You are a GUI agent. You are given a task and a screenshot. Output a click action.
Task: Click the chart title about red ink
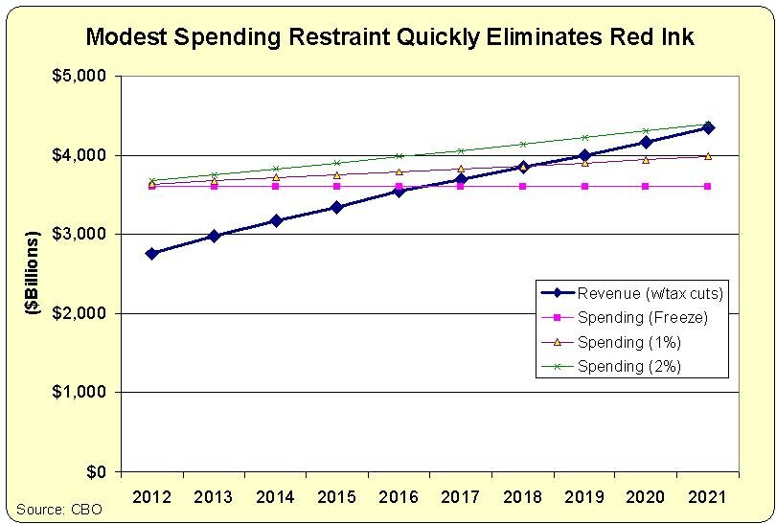point(389,37)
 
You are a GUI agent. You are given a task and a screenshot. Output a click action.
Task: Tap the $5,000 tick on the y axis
point(80,76)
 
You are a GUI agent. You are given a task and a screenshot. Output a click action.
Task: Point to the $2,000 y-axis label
point(80,313)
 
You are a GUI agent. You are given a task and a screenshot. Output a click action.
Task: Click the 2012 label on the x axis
point(151,496)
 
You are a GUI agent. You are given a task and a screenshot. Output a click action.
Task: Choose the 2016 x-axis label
point(399,496)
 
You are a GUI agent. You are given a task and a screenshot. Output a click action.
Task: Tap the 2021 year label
point(707,496)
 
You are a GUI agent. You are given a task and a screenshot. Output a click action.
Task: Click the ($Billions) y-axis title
point(33,274)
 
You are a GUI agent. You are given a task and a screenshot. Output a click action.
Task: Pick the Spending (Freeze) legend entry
point(633,317)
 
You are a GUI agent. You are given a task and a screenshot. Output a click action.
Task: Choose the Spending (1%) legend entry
point(628,342)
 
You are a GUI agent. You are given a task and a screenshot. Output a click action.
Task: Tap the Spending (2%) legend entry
point(628,366)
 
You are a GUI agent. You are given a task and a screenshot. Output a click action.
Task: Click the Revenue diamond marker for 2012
point(151,253)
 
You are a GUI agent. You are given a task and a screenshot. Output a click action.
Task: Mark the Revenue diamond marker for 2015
point(336,207)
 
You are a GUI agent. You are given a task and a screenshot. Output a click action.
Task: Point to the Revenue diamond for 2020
point(646,142)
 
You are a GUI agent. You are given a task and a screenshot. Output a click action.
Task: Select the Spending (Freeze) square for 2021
point(707,186)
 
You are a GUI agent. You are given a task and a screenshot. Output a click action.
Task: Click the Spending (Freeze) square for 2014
point(275,186)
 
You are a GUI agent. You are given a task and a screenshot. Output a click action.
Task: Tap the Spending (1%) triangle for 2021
point(707,156)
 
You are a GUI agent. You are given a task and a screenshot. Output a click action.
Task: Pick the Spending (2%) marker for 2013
point(214,174)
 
